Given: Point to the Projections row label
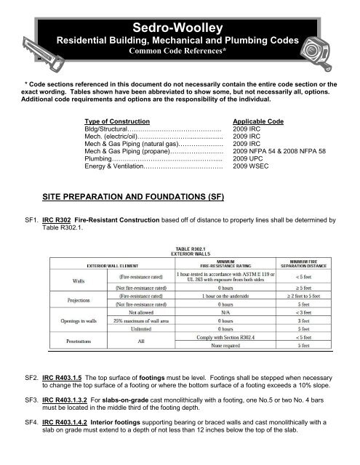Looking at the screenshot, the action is [x=48, y=302].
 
